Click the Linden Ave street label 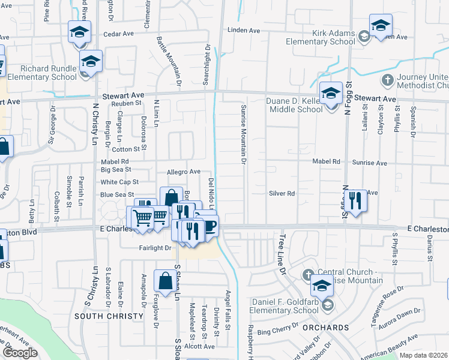243,30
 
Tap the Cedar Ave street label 118,34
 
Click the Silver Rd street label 282,193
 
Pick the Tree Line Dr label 282,254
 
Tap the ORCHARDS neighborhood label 326,328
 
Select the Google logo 19,353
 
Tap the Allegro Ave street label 183,172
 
